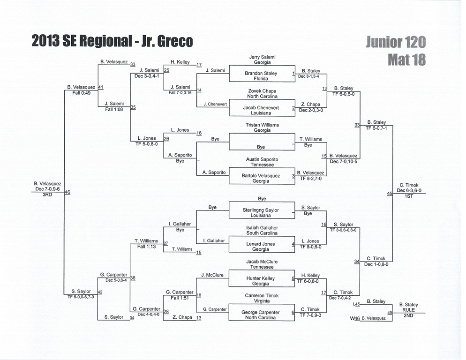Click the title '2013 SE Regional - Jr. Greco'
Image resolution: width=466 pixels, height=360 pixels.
[x=113, y=41]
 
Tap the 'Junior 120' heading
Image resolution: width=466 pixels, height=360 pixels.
[x=396, y=42]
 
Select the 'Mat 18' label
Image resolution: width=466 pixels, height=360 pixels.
[x=406, y=60]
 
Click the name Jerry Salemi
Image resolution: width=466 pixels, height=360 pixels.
[x=262, y=57]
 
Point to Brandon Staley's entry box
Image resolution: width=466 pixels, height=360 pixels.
[x=262, y=74]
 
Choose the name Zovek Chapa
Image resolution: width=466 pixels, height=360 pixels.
[x=262, y=91]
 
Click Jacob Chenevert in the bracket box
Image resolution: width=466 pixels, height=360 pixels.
[x=261, y=108]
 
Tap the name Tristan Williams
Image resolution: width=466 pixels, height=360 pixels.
[x=262, y=125]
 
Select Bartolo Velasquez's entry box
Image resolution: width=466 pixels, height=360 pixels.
[x=262, y=176]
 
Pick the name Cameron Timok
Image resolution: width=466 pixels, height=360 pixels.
[x=262, y=295]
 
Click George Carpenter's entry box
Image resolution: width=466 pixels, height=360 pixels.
[x=262, y=312]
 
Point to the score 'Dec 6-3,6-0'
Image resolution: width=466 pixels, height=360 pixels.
[x=409, y=191]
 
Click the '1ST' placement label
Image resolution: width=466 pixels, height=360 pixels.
[x=409, y=196]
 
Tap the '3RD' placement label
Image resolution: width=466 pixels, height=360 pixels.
[x=47, y=195]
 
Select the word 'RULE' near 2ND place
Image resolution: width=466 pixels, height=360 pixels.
[x=409, y=310]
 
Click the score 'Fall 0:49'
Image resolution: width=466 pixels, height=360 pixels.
[x=81, y=93]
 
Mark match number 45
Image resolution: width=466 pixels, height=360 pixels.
[x=390, y=194]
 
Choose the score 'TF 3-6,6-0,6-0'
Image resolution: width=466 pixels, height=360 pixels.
[x=343, y=230]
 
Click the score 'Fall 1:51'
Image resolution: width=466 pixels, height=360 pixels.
[x=180, y=298]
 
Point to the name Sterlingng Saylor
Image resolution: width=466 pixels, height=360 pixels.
[x=261, y=210]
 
